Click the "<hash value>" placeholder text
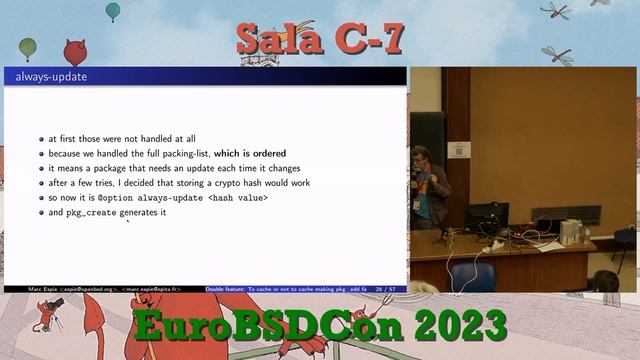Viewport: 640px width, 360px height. click(x=238, y=198)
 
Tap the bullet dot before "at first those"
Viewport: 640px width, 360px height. click(x=41, y=139)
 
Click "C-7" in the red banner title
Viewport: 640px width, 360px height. click(x=365, y=39)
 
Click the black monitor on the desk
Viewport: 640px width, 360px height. click(x=487, y=215)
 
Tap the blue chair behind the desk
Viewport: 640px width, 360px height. click(x=473, y=274)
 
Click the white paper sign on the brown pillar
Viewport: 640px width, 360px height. click(x=459, y=150)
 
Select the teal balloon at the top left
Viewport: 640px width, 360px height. click(x=113, y=11)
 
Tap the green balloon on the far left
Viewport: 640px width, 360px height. click(x=27, y=47)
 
